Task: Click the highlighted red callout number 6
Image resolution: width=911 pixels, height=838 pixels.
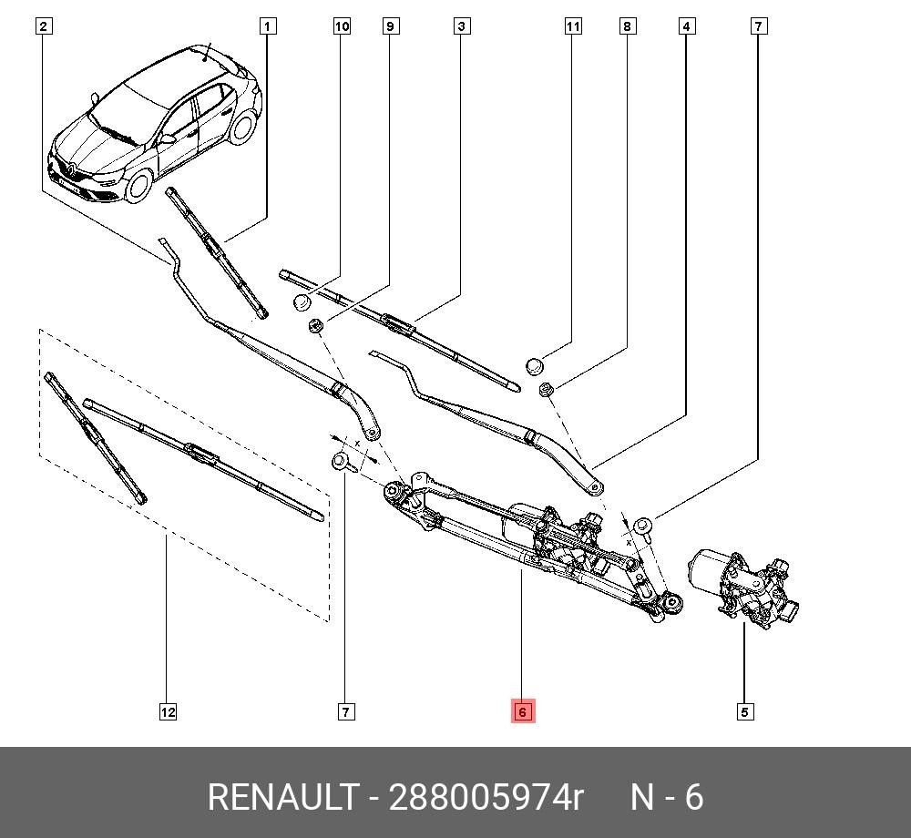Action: pos(522,711)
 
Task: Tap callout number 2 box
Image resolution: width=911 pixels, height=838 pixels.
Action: pos(43,26)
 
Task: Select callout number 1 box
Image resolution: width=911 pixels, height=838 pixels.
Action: pos(267,26)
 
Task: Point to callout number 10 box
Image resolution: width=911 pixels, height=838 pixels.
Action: pos(342,26)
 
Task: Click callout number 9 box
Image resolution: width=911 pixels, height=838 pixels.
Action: pos(390,26)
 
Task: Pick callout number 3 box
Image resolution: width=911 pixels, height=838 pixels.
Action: pos(462,26)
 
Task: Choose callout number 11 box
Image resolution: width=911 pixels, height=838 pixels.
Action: pos(572,26)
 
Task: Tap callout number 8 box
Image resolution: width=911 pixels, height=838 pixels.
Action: pos(627,26)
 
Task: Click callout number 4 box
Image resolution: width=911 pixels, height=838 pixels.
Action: pos(686,26)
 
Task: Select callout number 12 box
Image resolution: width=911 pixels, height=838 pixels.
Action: pos(168,712)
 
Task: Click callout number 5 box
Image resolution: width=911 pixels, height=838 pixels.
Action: pos(744,712)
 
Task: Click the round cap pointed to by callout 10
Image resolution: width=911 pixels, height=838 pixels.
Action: pos(302,302)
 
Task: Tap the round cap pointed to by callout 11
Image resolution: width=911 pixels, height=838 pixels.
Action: pos(535,367)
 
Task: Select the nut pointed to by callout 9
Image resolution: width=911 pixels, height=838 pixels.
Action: pos(316,326)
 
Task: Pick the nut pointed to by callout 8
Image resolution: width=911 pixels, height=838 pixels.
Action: pos(548,391)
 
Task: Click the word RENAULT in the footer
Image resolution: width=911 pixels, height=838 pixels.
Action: pos(282,798)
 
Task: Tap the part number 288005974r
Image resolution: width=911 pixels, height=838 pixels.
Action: pos(486,798)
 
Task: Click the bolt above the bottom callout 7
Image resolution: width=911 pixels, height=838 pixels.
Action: pos(342,460)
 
